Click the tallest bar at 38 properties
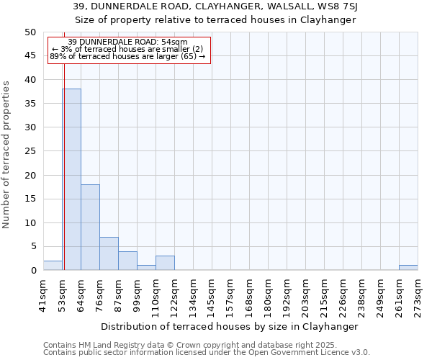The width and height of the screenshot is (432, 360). click(x=71, y=179)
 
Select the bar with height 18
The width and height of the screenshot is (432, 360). click(x=90, y=227)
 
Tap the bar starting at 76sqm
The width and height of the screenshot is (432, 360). click(x=109, y=253)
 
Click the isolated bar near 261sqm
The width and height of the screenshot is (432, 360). click(x=408, y=268)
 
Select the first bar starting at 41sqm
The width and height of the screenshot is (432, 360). click(x=53, y=266)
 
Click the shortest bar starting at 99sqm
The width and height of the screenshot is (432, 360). click(x=146, y=268)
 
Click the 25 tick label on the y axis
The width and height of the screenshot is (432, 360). click(x=30, y=151)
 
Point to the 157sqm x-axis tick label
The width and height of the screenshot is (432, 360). click(x=231, y=294)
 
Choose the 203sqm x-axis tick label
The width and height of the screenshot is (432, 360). click(x=306, y=294)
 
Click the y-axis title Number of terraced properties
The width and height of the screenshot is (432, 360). click(x=6, y=154)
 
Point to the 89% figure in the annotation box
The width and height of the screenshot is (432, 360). click(x=58, y=56)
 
